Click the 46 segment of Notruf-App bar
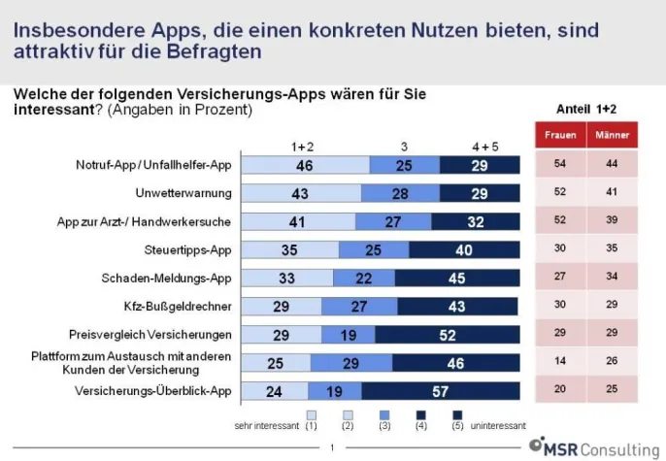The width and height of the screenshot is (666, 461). (x=304, y=166)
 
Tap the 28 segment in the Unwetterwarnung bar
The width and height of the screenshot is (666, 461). (x=399, y=194)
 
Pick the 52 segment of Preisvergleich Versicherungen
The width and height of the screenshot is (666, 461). (x=449, y=335)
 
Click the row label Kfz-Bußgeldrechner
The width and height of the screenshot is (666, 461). (x=183, y=307)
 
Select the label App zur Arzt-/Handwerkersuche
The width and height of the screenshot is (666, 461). (x=158, y=221)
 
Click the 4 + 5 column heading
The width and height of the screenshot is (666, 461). (x=484, y=146)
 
